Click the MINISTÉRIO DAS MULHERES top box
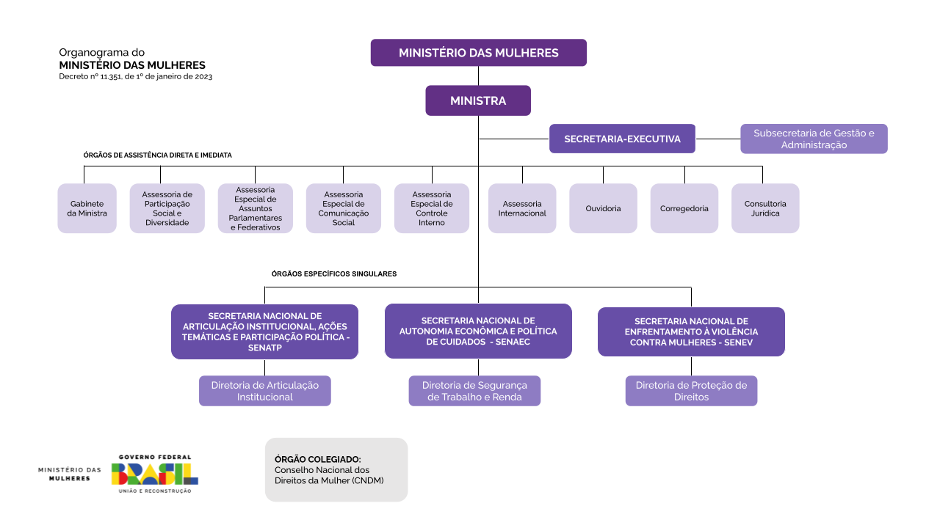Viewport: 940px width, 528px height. (x=478, y=53)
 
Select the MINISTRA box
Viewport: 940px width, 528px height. (x=478, y=100)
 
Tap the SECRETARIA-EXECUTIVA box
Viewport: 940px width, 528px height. (x=622, y=139)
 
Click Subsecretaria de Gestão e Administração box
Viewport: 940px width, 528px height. (x=814, y=139)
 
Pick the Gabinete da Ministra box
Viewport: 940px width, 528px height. (x=87, y=208)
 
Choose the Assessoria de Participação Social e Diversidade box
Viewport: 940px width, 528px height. (x=167, y=208)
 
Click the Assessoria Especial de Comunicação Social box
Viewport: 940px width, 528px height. (x=344, y=208)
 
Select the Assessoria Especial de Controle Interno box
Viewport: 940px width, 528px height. (x=432, y=208)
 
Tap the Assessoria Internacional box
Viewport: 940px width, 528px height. (x=522, y=208)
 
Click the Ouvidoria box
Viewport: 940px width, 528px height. (x=603, y=208)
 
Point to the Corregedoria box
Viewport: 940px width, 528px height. (x=684, y=208)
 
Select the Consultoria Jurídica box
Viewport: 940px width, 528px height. (x=765, y=208)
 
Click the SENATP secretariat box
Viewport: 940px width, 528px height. (x=264, y=331)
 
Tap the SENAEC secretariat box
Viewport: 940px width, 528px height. (x=478, y=331)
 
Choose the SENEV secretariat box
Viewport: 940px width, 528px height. (x=691, y=331)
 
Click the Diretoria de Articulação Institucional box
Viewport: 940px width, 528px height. (x=264, y=391)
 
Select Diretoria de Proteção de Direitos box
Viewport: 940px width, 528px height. (x=691, y=391)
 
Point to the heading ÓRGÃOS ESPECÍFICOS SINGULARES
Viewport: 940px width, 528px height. (x=334, y=274)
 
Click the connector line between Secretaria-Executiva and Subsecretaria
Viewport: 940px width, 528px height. (x=717, y=139)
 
